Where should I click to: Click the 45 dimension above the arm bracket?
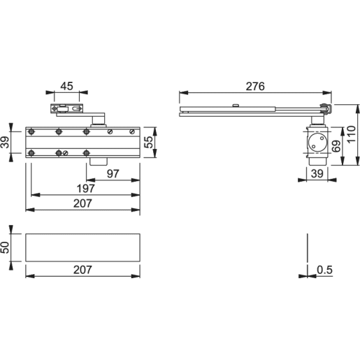click(x=67, y=86)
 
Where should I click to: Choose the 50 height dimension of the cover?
click(x=8, y=247)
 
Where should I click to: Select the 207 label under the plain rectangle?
click(x=84, y=268)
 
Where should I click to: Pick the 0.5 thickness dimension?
click(x=324, y=268)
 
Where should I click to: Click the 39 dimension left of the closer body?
click(x=8, y=143)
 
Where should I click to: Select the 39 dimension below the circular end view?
click(x=317, y=173)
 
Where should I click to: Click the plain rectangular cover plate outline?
click(x=84, y=247)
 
